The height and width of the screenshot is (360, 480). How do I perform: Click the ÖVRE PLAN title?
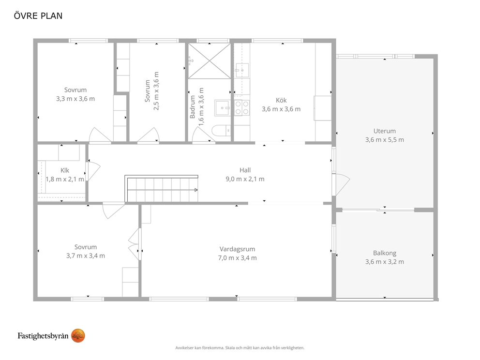click(x=38, y=15)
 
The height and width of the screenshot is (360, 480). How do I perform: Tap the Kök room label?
click(x=281, y=100)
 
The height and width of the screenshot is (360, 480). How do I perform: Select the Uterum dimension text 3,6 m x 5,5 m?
click(x=385, y=139)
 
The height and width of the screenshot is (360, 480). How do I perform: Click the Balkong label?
click(x=385, y=253)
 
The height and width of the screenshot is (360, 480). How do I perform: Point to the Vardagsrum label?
click(x=237, y=249)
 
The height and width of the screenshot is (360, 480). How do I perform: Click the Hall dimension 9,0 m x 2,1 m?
click(x=245, y=179)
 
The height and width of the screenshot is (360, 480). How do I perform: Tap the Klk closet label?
click(x=64, y=170)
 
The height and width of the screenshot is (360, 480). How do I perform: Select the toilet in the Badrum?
click(x=221, y=131)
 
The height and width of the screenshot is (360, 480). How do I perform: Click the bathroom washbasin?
click(x=222, y=108)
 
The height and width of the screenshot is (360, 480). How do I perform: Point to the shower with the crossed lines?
click(x=210, y=60)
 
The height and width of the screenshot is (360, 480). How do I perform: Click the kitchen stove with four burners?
click(x=242, y=108)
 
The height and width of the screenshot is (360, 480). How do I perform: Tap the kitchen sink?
click(x=242, y=71)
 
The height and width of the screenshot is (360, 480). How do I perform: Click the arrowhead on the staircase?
click(x=196, y=190)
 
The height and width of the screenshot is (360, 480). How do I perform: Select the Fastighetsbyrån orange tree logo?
click(x=78, y=336)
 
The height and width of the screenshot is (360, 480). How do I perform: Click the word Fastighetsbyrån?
click(x=43, y=336)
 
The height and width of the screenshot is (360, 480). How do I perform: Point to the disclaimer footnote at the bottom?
click(x=240, y=348)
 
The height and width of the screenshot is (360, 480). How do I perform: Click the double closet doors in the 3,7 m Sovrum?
click(x=134, y=244)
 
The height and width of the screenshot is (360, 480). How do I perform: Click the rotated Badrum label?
click(x=192, y=107)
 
